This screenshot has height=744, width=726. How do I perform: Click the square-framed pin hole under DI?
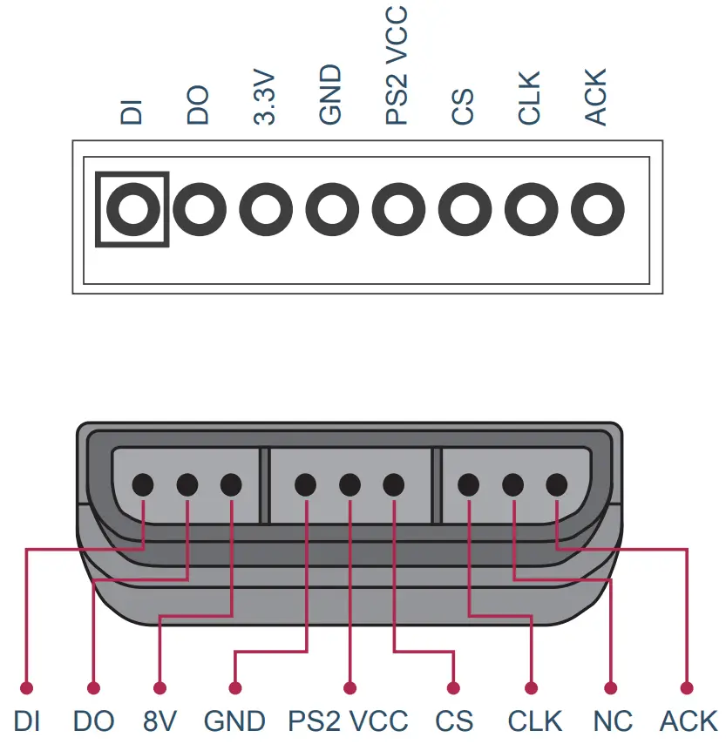132,209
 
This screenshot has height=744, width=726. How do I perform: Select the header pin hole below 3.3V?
266,209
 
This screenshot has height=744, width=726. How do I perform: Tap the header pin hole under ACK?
597,209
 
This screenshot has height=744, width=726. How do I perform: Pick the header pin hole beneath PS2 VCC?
398,209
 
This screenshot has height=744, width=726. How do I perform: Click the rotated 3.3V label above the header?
265,100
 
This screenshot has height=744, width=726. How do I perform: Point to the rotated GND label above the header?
331,97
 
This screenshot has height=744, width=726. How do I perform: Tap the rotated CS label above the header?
464,107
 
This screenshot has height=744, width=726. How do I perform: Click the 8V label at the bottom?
160,721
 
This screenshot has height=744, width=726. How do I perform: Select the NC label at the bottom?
613,721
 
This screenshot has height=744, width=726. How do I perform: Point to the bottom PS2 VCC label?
348,721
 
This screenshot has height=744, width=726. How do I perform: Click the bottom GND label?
234,721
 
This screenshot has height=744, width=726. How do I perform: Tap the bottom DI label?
28,721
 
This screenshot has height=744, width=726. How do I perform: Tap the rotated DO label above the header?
199,106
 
